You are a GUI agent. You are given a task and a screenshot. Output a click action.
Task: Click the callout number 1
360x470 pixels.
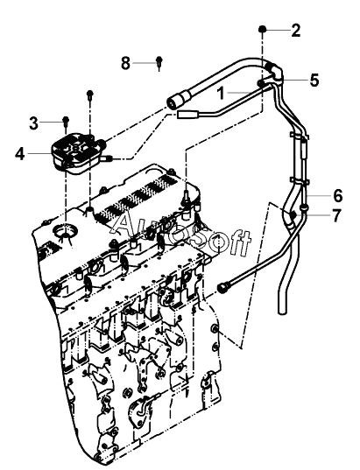[221, 94]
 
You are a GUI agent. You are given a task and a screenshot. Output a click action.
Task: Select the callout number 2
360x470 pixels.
[295, 31]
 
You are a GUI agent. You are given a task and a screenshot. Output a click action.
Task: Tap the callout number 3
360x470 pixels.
[34, 123]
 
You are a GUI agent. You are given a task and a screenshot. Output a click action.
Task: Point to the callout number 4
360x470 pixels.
[20, 154]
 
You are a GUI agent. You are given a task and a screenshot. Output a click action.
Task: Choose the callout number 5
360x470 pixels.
[314, 80]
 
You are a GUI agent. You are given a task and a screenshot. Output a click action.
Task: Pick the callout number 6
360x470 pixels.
[338, 195]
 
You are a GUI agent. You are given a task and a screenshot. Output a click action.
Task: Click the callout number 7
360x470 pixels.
[337, 215]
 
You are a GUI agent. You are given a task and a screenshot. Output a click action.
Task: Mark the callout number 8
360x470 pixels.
[126, 63]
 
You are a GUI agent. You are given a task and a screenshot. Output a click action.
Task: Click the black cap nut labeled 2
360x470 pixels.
[262, 29]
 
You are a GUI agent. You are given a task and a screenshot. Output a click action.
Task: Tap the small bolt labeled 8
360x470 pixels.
[159, 62]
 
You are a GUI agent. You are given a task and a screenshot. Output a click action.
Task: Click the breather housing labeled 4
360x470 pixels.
[79, 153]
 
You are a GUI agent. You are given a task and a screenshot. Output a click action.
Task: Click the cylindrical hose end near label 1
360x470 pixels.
[179, 102]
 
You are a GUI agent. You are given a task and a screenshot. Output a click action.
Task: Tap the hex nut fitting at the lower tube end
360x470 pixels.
[222, 287]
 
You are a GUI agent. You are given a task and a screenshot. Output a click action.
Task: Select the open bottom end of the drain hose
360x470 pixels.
[281, 312]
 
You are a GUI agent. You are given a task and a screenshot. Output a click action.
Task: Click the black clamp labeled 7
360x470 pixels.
[293, 215]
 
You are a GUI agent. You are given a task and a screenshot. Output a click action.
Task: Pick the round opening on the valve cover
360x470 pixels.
[65, 230]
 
